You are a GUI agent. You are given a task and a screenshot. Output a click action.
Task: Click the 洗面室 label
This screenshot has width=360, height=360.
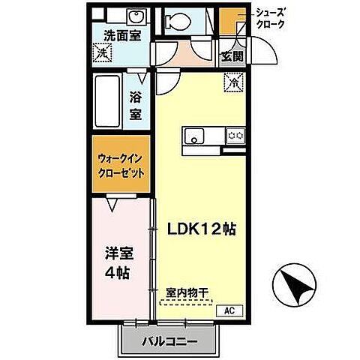[122, 34]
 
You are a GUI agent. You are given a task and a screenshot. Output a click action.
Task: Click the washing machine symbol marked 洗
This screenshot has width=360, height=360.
[103, 52]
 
